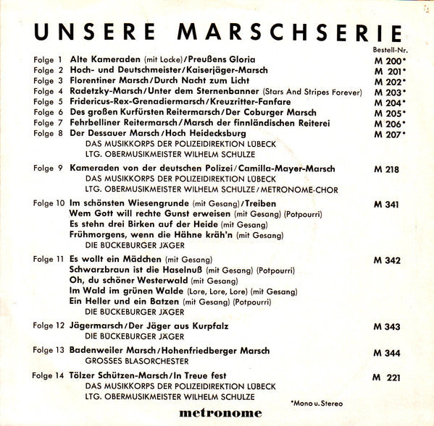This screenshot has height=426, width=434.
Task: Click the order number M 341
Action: coord(387,205)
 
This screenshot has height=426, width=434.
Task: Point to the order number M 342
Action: coord(387,259)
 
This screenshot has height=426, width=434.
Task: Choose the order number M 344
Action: coord(387,354)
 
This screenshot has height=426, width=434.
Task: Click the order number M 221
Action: coord(387,377)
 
